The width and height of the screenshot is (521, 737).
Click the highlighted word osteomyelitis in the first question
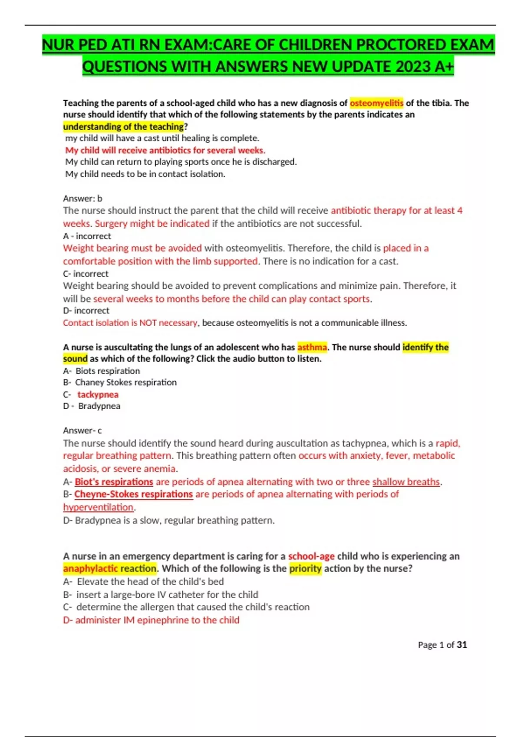[376, 103]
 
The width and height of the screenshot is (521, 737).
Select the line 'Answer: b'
[82, 199]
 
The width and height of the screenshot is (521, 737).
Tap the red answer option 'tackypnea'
[98, 395]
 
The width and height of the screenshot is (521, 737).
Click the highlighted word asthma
[312, 347]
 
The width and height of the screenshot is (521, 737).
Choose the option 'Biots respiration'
[108, 371]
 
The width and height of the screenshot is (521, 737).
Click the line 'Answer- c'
[82, 430]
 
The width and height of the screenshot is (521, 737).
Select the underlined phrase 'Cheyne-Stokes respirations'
[133, 494]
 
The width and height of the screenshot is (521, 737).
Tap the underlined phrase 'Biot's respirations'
[114, 482]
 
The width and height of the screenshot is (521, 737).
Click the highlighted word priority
[306, 568]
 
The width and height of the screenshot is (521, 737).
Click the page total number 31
[462, 645]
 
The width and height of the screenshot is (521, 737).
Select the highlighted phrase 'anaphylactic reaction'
[110, 568]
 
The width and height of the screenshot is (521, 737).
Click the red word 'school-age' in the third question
[311, 556]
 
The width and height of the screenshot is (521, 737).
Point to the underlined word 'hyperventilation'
[99, 507]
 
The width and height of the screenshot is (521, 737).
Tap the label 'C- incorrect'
[86, 274]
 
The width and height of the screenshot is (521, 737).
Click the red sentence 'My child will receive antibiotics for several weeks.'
[165, 150]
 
